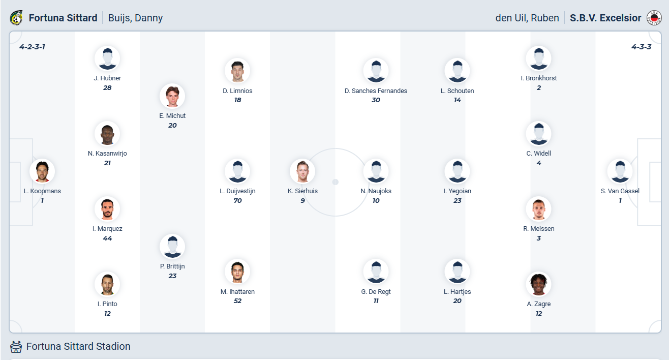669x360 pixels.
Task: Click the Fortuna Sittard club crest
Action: pos(16,18)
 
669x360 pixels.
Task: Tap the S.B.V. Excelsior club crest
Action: pos(654,18)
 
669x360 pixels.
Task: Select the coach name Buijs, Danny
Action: pos(135,18)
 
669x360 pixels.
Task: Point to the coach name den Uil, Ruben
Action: pos(527,18)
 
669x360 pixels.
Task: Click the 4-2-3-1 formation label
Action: pos(32,47)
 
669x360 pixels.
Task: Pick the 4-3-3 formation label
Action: pos(641,47)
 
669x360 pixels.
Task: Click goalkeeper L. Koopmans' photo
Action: pos(42,171)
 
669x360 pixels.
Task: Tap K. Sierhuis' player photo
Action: pos(302,171)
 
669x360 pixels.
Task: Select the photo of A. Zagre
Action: pos(538,284)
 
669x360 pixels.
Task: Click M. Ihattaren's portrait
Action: pos(237,272)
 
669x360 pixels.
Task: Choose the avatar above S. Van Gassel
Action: pos(620,171)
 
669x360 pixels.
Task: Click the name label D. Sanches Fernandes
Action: pos(376,91)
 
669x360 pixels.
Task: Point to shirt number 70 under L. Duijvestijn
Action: pos(237,200)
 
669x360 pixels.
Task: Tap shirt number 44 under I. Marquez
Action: pos(107,238)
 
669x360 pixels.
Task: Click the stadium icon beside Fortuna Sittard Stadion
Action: pos(16,347)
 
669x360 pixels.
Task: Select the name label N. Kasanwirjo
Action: pos(107,154)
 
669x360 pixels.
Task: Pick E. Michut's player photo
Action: pos(172,96)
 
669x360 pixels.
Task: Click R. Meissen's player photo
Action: pos(538,209)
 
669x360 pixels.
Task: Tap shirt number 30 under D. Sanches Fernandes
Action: pos(376,100)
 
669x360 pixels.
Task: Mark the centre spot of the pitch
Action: pos(336,182)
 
